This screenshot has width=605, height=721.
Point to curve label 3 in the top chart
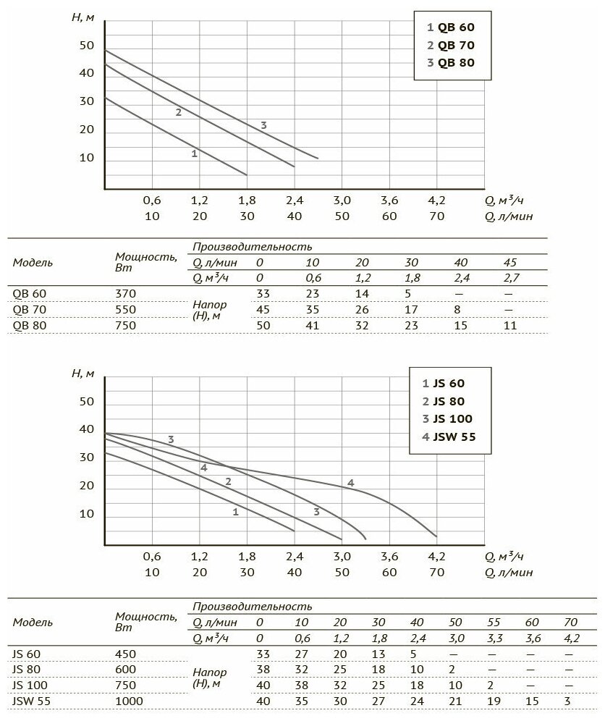(x=264, y=125)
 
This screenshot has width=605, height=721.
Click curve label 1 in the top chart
(x=194, y=153)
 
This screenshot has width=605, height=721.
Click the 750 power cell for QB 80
(x=125, y=326)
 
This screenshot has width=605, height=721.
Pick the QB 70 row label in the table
(x=30, y=309)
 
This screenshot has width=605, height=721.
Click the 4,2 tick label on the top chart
(x=437, y=201)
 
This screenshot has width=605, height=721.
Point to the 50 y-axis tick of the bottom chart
(x=86, y=401)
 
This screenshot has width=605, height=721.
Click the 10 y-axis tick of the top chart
(x=86, y=158)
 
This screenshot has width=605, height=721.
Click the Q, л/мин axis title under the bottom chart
(x=509, y=572)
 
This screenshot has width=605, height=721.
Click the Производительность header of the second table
(x=253, y=606)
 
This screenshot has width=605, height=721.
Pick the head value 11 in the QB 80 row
(x=511, y=326)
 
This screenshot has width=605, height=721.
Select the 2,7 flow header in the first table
(x=511, y=277)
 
